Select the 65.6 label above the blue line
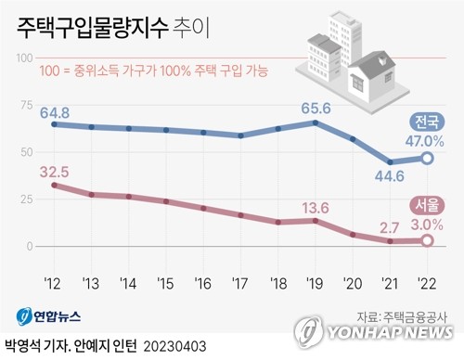316,103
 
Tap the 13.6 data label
316,205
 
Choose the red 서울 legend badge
428,204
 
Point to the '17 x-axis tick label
241,282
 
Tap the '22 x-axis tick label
428,282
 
